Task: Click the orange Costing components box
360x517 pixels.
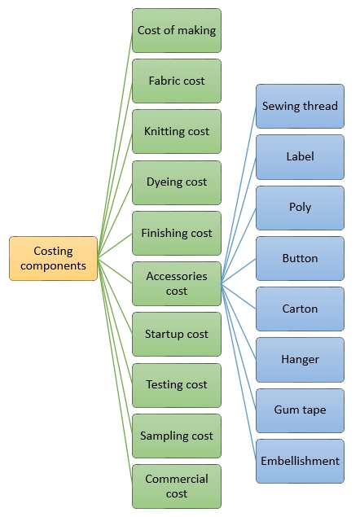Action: click(x=54, y=259)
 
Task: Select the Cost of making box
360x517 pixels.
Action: click(x=177, y=31)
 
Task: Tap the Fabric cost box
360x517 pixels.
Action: click(x=177, y=81)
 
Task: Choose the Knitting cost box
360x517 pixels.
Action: click(x=177, y=132)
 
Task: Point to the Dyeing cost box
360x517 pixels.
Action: click(x=177, y=182)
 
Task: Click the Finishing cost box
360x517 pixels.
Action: click(x=177, y=233)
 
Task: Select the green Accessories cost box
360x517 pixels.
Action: click(x=177, y=283)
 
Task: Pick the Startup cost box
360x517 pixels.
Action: click(x=177, y=334)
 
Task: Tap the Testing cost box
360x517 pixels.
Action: click(x=177, y=384)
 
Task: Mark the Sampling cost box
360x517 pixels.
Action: click(x=177, y=436)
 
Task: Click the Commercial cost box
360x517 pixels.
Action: click(x=177, y=486)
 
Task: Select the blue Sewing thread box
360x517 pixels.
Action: click(x=300, y=106)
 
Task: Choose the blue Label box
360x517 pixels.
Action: click(x=300, y=156)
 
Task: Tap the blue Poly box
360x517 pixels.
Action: click(x=300, y=207)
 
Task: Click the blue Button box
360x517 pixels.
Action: click(x=300, y=258)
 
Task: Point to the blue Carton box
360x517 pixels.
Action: click(x=300, y=309)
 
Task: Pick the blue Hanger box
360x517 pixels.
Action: click(x=300, y=359)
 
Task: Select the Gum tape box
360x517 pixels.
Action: click(x=300, y=410)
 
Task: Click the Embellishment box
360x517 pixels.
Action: click(x=300, y=461)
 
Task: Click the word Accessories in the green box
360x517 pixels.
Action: click(x=177, y=276)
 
